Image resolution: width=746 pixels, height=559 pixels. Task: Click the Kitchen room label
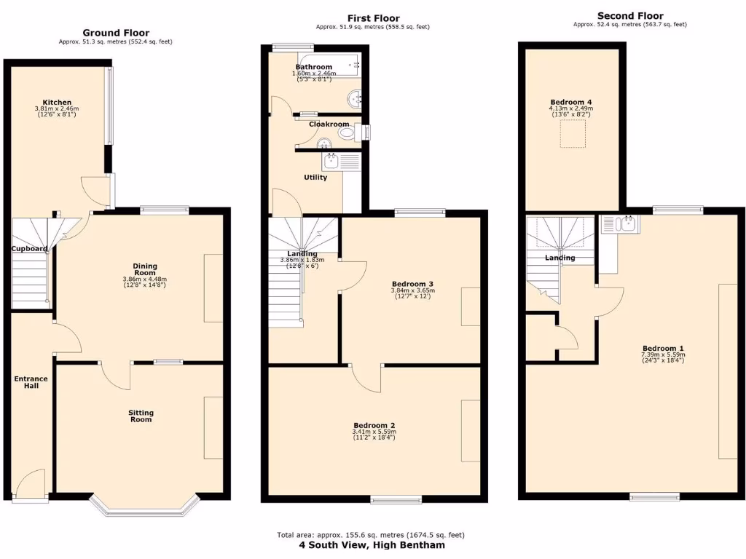point(56,102)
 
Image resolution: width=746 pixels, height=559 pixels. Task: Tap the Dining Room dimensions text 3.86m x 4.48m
point(145,279)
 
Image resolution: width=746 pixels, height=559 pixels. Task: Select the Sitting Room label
point(141,416)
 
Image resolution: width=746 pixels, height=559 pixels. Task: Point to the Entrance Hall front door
point(29,485)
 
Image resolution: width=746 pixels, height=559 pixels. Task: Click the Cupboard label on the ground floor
point(29,249)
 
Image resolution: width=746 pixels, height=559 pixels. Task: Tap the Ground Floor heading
point(116,33)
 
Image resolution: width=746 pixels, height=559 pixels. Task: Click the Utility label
point(315,177)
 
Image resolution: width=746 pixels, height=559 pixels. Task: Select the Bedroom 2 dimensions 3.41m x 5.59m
point(374,432)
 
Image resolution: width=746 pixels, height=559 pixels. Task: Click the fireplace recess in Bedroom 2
point(470,430)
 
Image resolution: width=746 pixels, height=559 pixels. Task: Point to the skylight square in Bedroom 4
point(573,135)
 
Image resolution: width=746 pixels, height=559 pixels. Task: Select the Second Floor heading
point(630,16)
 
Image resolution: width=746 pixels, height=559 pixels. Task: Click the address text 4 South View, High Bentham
point(372,544)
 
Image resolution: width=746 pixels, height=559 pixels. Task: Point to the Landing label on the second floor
point(559,258)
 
